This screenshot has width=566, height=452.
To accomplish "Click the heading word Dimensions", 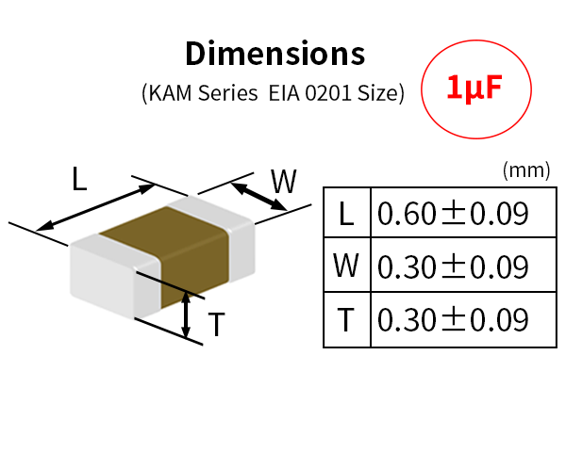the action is [275, 54].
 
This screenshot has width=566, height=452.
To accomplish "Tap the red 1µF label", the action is [474, 89].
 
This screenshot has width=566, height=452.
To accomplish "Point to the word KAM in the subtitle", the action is [170, 93].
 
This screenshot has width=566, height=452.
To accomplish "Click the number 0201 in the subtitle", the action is [327, 93].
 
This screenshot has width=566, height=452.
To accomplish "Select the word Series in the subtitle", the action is [228, 93].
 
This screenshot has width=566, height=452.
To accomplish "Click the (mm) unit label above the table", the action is [526, 170].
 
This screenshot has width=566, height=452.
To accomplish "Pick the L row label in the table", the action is [346, 214].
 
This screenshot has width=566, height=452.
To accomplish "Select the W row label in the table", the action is [346, 266].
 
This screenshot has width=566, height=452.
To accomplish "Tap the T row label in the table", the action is [346, 319].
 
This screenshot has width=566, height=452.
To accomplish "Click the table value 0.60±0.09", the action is [453, 214].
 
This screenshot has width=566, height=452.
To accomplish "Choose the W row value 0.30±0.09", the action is [453, 266].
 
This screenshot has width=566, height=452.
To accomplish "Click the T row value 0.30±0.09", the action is [453, 319].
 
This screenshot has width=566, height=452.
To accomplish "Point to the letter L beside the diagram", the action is [79, 179].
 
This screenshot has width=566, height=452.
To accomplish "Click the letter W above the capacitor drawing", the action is [284, 182].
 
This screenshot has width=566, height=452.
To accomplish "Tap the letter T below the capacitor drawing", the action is [217, 324].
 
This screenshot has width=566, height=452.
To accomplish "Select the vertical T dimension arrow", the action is [186, 315].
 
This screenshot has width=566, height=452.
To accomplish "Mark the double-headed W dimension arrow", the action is [258, 197].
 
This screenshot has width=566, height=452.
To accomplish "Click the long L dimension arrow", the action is [95, 207].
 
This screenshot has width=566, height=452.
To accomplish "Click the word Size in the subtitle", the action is [377, 93].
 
